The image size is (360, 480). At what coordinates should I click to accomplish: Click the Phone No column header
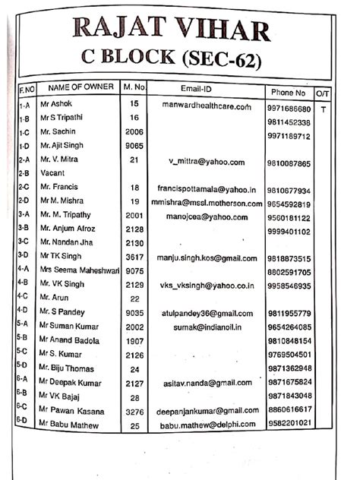click(288, 92)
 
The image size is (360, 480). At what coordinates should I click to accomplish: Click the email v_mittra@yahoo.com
click(207, 162)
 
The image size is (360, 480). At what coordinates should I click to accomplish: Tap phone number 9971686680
click(289, 109)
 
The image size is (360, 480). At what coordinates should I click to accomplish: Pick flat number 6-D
click(23, 420)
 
